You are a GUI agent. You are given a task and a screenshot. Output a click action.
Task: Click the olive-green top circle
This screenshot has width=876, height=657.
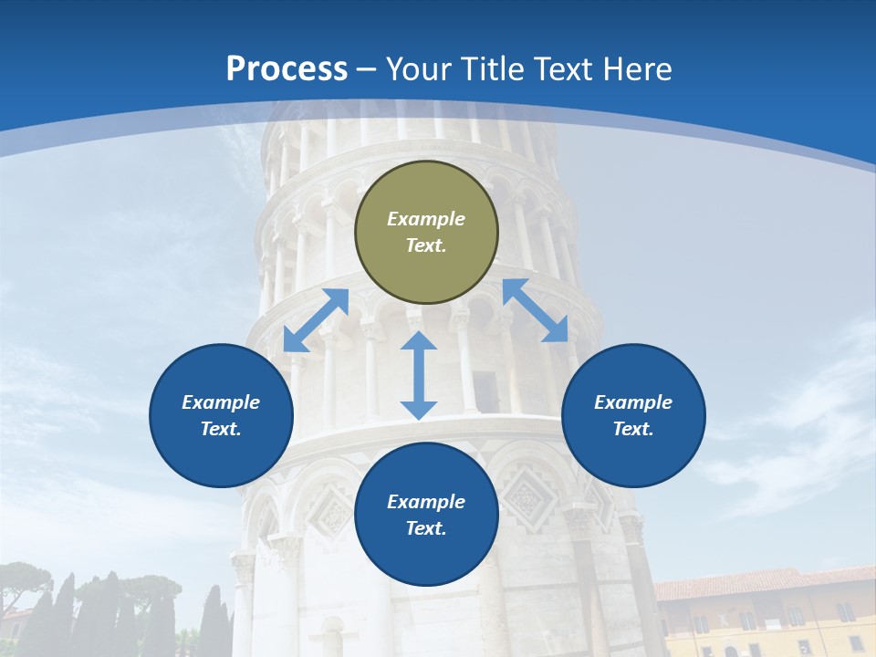(426, 233)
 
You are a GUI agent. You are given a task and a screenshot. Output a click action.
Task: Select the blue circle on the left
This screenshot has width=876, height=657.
(221, 416)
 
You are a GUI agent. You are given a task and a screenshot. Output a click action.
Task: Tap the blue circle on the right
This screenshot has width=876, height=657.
(633, 416)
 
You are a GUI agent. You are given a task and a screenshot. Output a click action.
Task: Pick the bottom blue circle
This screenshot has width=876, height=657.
(426, 515)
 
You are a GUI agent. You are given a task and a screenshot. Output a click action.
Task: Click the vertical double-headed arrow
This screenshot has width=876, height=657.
(419, 375)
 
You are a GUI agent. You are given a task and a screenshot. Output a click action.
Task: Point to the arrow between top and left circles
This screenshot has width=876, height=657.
(316, 320)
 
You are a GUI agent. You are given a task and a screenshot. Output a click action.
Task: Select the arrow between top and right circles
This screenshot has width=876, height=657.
(536, 310)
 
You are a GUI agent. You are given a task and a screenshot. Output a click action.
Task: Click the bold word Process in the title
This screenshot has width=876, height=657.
(287, 68)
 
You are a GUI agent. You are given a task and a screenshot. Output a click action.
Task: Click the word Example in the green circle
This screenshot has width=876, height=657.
(426, 219)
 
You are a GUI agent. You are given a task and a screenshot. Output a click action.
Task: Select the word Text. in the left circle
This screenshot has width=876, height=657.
(221, 429)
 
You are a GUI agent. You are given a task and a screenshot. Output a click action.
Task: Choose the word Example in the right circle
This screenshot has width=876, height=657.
(633, 402)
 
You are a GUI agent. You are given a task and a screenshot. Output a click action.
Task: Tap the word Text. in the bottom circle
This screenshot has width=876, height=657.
(426, 528)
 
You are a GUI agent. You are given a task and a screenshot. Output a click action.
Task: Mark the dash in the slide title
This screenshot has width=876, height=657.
(367, 69)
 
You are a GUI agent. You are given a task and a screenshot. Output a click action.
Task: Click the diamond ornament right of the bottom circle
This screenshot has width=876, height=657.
(525, 498)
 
